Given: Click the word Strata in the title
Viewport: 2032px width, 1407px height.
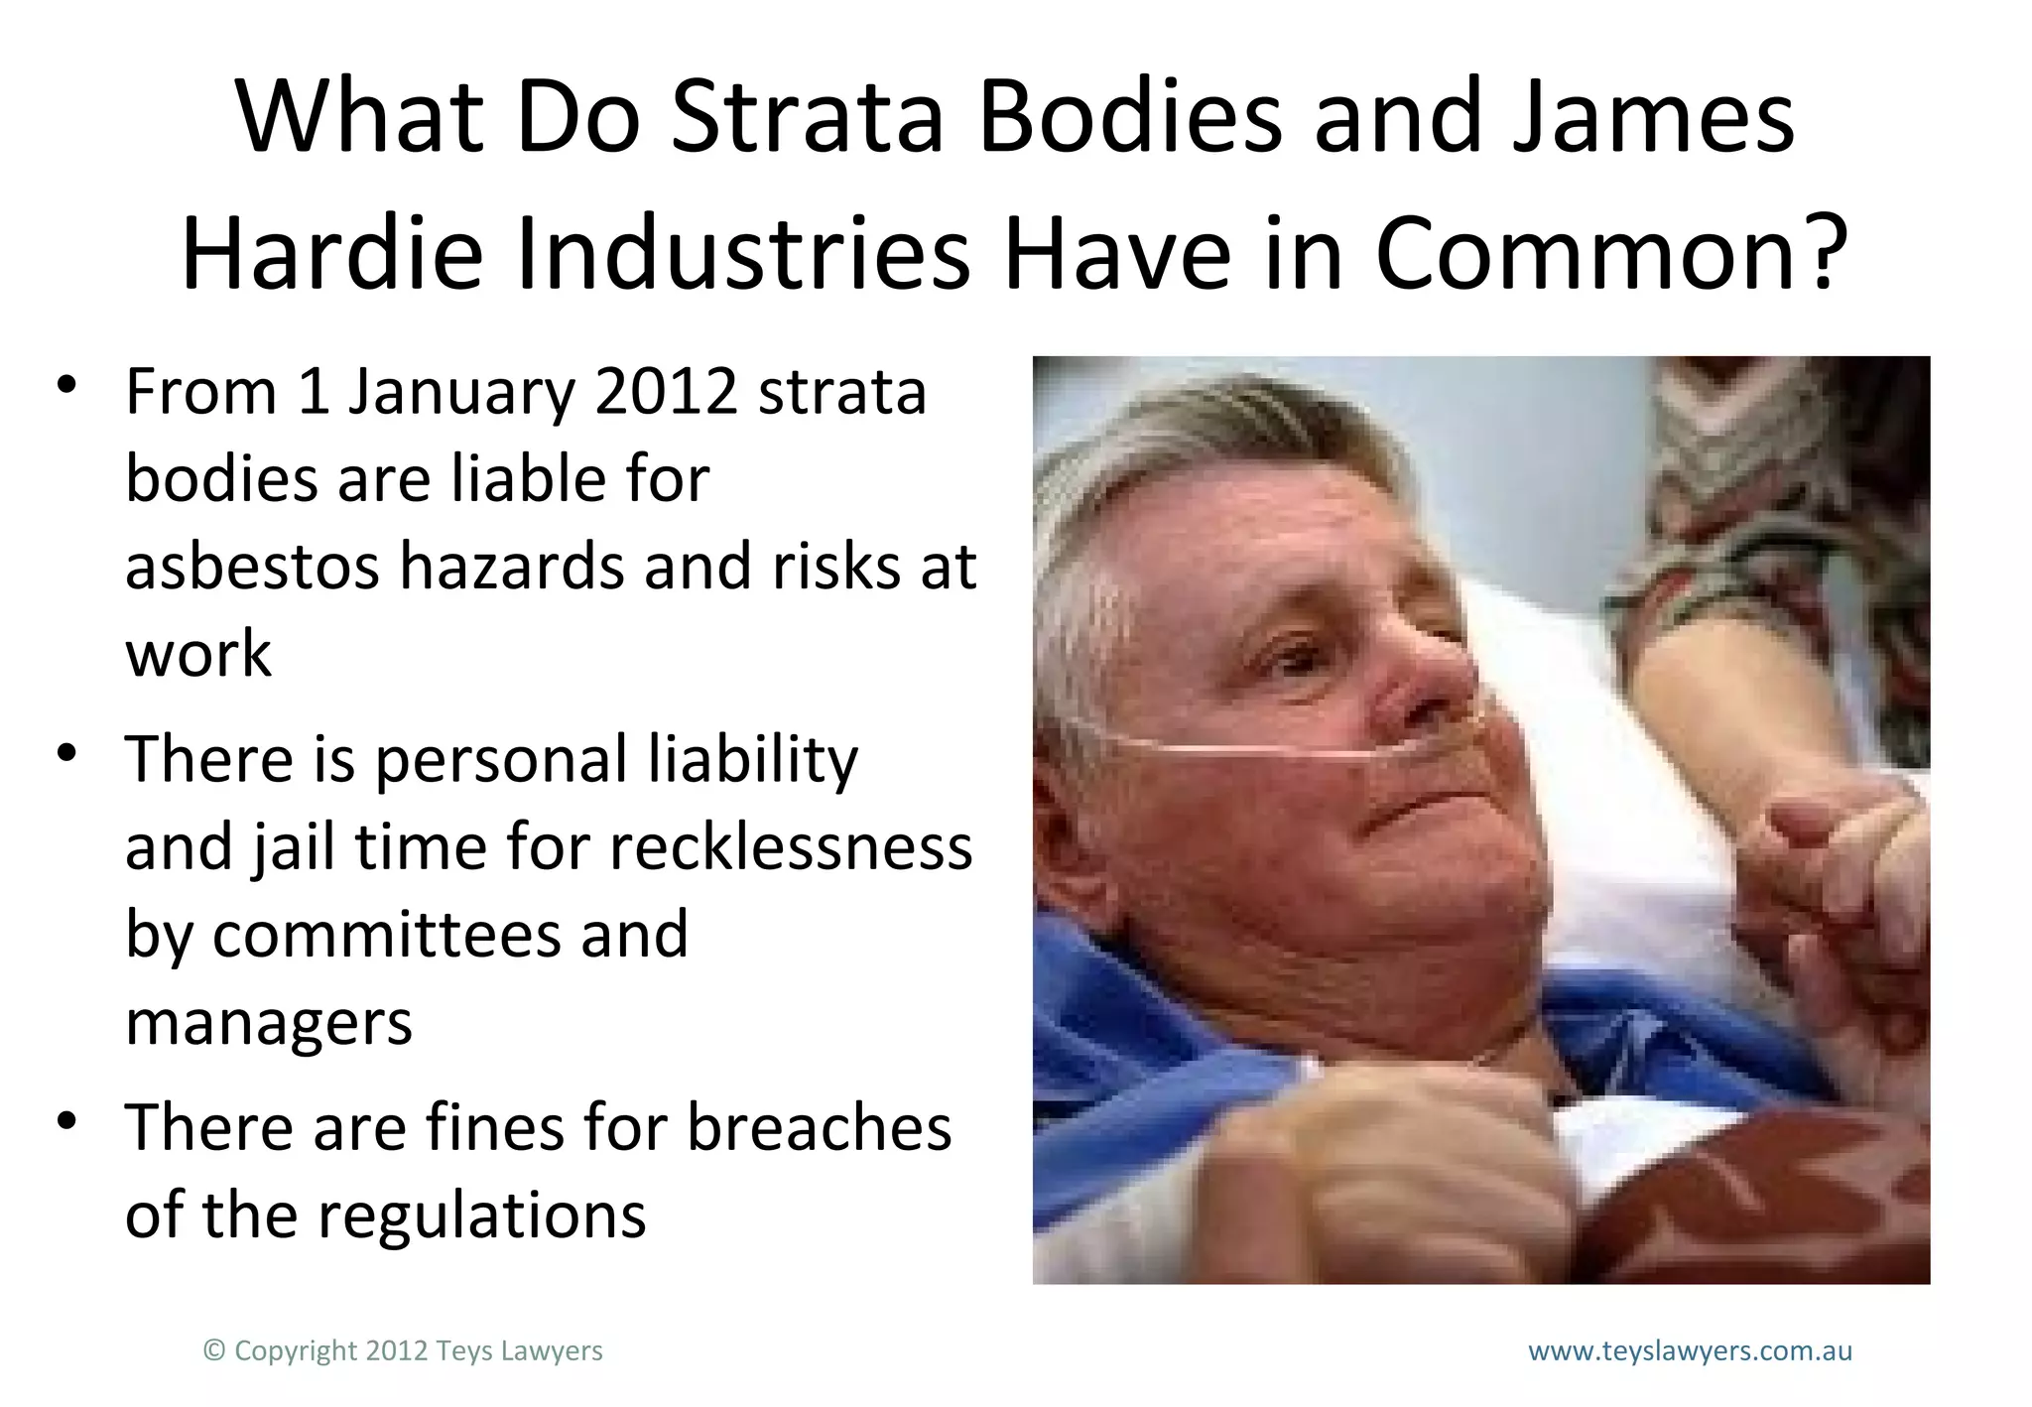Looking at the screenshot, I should [807, 117].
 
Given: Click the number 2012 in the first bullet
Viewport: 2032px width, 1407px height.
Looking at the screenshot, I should [666, 392].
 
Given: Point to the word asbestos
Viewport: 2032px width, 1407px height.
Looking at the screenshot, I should [252, 567].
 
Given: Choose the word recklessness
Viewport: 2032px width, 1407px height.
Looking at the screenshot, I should [791, 847].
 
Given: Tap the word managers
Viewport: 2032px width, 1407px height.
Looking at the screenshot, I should [268, 1023].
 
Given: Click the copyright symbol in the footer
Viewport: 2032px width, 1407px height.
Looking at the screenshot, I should [213, 1350].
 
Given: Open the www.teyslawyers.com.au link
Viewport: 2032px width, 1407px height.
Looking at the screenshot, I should [1690, 1350].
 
